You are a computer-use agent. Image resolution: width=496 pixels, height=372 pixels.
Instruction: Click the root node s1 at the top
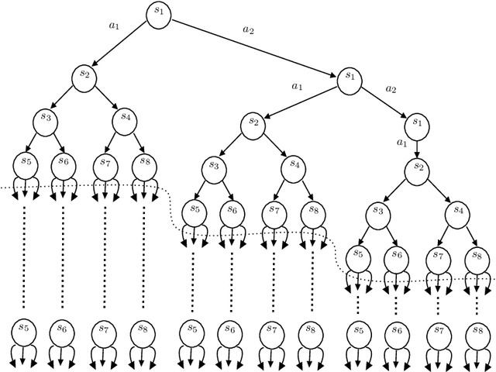point(160,14)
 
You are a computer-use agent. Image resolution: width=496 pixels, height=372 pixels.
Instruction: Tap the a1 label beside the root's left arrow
point(115,26)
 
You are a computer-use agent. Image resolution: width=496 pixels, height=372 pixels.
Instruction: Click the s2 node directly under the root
point(84,75)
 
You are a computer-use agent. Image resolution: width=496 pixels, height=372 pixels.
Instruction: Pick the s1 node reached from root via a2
point(349,78)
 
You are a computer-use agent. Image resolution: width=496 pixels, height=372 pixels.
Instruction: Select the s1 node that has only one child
point(417,122)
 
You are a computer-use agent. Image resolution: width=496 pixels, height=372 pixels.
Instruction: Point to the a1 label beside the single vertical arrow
point(401,143)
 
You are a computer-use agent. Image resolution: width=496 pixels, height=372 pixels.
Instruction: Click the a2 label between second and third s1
point(391,89)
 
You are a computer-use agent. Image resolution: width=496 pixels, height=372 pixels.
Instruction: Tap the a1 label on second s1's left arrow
point(295,86)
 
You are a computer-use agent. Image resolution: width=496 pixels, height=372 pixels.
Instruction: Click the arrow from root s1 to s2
point(122,44)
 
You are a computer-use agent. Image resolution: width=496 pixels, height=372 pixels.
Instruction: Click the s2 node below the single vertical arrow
point(417,167)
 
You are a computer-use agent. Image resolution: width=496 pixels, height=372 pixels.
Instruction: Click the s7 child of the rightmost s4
point(438,257)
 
